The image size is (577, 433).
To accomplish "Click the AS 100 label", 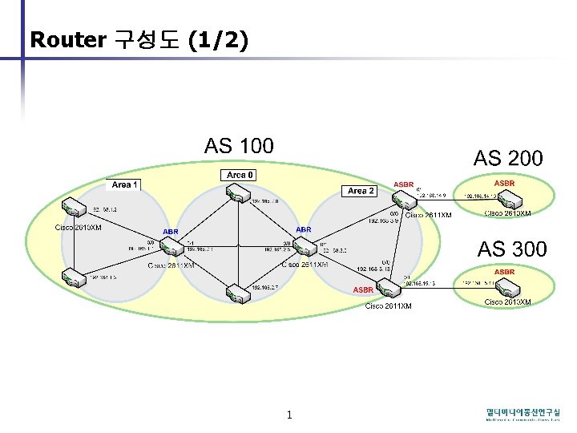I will click(239, 146).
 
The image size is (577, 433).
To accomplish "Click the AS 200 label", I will click(508, 158).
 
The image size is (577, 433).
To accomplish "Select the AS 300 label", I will click(513, 249).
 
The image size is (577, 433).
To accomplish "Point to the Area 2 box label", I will click(361, 191).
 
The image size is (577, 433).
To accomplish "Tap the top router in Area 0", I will click(238, 193).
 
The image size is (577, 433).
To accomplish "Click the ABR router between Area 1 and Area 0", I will click(171, 244).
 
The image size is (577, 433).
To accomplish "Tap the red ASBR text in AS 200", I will click(505, 184).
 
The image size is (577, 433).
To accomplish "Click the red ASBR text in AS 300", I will click(505, 273).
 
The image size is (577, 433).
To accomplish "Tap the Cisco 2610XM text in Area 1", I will click(78, 228).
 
